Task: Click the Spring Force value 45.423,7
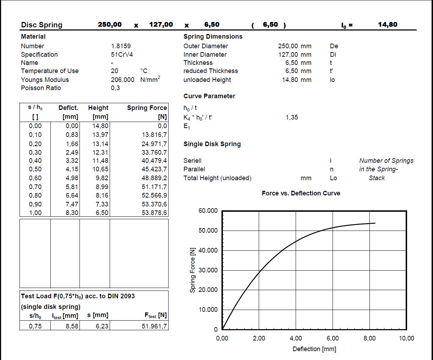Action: (x=154, y=169)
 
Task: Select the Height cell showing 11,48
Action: (x=100, y=161)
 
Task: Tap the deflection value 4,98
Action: (x=72, y=178)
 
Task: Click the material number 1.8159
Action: (x=121, y=46)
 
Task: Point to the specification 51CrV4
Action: (x=122, y=55)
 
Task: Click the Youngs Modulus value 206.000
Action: (x=122, y=80)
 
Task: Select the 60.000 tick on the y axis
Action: (x=208, y=211)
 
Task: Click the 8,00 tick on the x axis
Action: (x=369, y=338)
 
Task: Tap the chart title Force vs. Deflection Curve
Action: (x=301, y=193)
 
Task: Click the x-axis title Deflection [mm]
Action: (x=314, y=349)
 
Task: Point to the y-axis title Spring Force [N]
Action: (x=193, y=270)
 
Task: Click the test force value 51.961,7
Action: (x=154, y=326)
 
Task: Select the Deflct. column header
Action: (x=68, y=108)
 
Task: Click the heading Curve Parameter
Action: (x=209, y=96)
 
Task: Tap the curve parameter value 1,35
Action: (x=292, y=117)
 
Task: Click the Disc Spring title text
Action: (x=42, y=25)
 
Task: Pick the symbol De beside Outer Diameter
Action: (x=334, y=46)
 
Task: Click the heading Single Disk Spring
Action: (x=212, y=144)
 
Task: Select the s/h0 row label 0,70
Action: (x=35, y=187)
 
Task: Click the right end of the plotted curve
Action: (x=375, y=223)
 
